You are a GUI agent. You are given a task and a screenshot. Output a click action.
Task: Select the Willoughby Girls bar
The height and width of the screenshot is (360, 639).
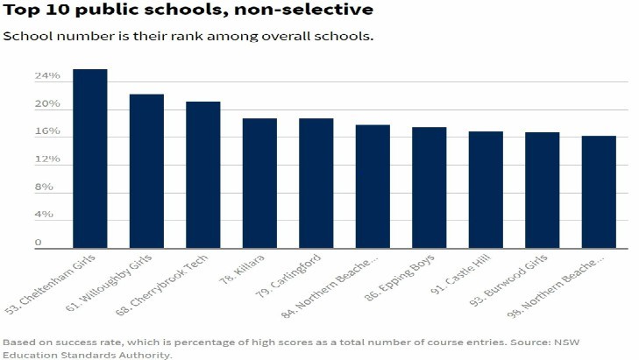coord(146,172)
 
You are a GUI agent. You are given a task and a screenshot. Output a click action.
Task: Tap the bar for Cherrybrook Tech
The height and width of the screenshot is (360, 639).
coord(203,175)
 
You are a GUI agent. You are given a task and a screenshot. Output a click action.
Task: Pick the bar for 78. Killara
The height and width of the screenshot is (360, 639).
coord(259,184)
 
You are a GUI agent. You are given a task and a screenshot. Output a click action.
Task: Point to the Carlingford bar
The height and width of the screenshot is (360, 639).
coord(316,184)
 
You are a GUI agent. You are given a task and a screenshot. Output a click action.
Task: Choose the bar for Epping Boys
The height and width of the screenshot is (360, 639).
coord(430,188)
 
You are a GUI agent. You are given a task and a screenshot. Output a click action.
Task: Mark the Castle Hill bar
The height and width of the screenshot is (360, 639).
coord(486,190)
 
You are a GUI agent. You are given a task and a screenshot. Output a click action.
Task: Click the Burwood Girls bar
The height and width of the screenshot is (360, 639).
coord(543,191)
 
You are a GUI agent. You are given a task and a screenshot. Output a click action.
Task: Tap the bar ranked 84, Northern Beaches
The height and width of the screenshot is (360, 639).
coord(373,187)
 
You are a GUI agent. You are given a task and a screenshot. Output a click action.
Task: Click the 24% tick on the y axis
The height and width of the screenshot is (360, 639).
coord(47,76)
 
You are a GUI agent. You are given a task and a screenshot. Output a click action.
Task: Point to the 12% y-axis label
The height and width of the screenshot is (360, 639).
coord(47,159)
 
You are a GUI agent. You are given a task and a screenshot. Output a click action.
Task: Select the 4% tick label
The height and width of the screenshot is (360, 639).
coord(44,215)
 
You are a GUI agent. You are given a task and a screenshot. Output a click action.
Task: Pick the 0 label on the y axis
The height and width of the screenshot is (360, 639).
coord(38,243)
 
